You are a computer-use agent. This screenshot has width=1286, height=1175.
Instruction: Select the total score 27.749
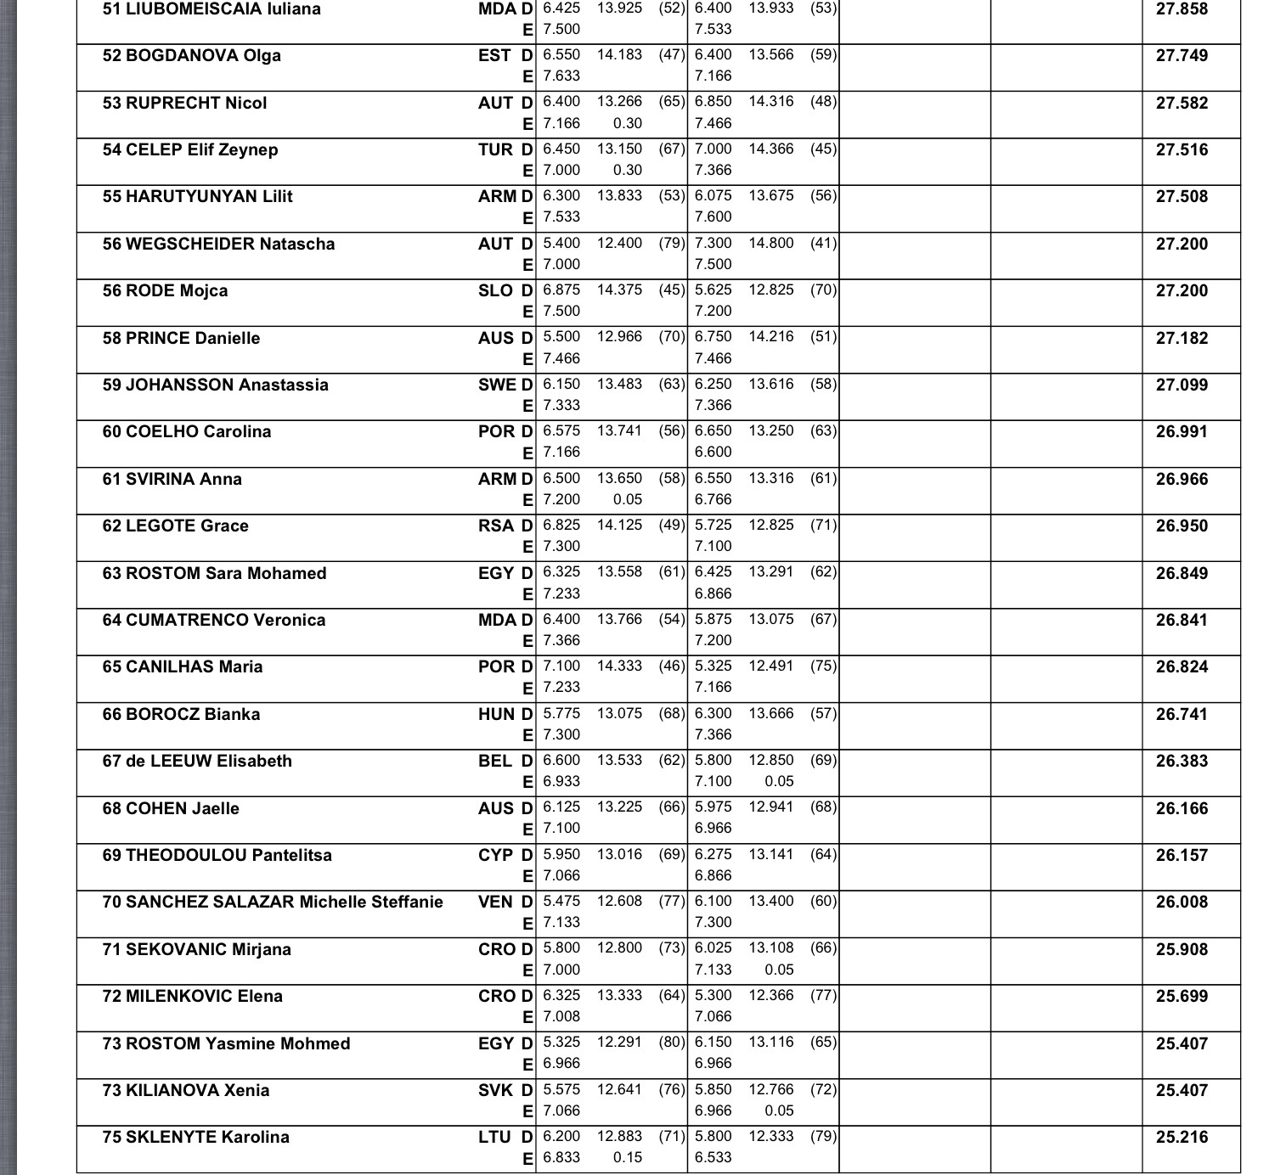(1182, 56)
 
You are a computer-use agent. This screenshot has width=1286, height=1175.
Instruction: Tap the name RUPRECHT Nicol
(196, 104)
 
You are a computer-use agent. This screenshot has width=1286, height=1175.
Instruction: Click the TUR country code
(495, 150)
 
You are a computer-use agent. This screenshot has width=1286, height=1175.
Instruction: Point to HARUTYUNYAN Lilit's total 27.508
(1182, 197)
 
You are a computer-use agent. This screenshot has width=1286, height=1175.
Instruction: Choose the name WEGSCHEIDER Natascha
(230, 245)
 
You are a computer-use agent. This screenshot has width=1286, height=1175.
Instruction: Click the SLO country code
(495, 291)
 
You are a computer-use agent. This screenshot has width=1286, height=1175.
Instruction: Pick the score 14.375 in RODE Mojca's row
(619, 290)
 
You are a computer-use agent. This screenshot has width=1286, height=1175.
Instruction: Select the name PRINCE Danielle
(193, 339)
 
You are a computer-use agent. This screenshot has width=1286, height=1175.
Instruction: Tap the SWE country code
(497, 385)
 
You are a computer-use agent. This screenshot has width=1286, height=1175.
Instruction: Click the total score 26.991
(1182, 432)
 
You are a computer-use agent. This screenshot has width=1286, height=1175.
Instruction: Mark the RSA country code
(495, 526)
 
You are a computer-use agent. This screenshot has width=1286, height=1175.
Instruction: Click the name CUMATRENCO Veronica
(225, 621)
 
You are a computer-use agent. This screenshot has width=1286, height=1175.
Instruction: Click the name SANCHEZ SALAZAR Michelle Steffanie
(284, 902)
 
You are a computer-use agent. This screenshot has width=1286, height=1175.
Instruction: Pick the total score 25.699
(1182, 997)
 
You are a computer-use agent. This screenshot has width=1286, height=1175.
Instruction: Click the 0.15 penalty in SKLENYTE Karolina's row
(627, 1157)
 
